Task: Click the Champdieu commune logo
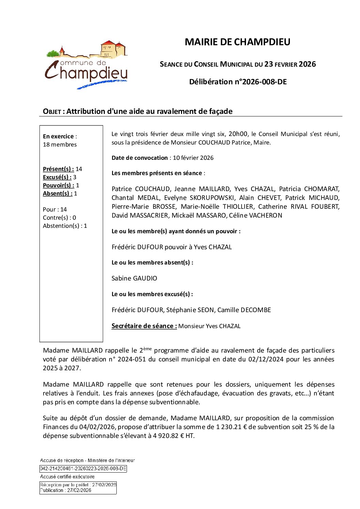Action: coord(86,65)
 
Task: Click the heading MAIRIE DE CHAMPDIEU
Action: coord(237,42)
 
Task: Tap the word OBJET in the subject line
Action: coord(52,112)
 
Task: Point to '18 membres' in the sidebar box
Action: coord(60,145)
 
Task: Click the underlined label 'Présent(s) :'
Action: coord(58,169)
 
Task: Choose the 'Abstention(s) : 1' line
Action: coord(65,226)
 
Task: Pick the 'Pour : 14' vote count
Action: coord(55,209)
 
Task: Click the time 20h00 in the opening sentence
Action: coord(238,134)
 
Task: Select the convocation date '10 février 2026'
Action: coord(193,158)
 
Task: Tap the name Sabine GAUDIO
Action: coord(134,278)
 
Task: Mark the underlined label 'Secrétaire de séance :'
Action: coord(144,326)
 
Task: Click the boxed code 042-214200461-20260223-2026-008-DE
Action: coord(83,469)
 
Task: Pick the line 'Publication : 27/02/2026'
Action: coord(66,490)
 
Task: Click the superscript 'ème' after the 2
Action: coord(147,349)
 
